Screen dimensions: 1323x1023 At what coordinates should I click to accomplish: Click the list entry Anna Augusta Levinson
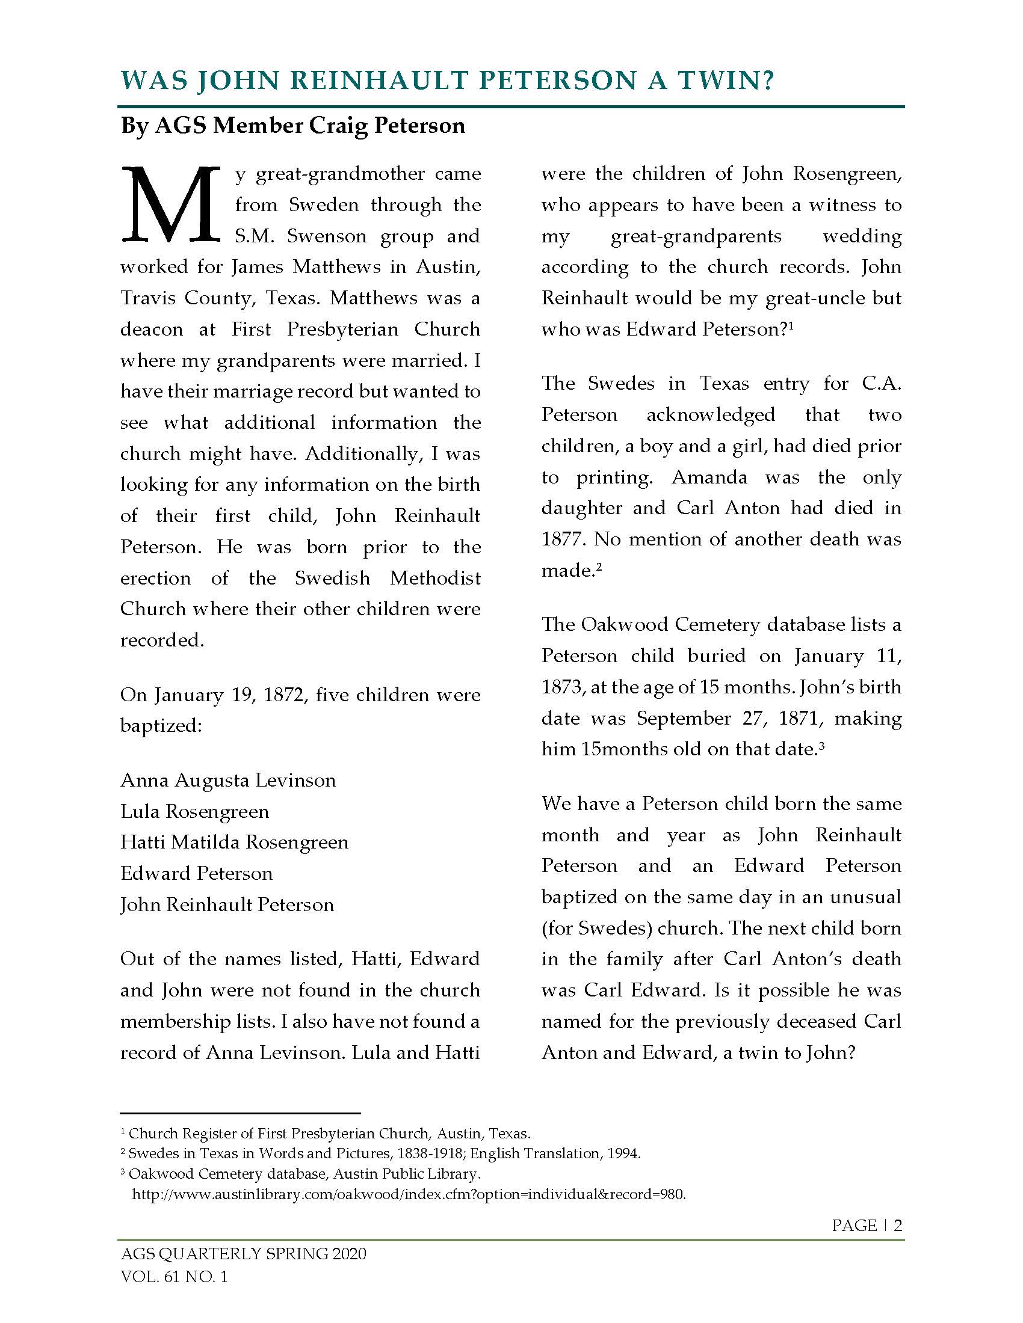[x=228, y=780]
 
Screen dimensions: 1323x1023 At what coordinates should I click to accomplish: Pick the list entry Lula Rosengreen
[x=194, y=811]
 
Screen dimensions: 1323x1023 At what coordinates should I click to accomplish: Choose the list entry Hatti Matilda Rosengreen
[x=234, y=843]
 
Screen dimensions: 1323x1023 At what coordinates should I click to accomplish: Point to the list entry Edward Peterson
[x=196, y=874]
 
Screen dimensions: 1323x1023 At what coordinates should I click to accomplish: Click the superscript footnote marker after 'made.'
[x=598, y=566]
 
